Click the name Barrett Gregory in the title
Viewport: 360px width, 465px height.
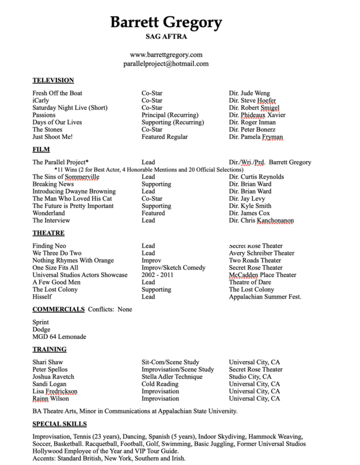tap(166, 22)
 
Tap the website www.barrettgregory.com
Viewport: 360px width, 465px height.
tap(166, 54)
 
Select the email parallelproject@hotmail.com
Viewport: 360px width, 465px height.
tap(166, 64)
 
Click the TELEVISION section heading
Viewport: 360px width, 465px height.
tap(53, 80)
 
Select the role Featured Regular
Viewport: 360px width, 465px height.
tap(165, 137)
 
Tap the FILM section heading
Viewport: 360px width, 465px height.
tap(41, 149)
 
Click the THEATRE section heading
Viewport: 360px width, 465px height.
tap(49, 233)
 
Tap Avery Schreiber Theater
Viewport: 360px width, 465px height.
tap(261, 253)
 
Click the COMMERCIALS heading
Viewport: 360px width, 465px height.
tap(59, 309)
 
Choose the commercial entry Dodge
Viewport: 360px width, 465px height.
tap(41, 329)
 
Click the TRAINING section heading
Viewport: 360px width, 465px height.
tap(50, 349)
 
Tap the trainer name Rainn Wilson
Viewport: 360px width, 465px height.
tap(51, 398)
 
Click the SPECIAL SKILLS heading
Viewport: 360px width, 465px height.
tap(60, 424)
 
